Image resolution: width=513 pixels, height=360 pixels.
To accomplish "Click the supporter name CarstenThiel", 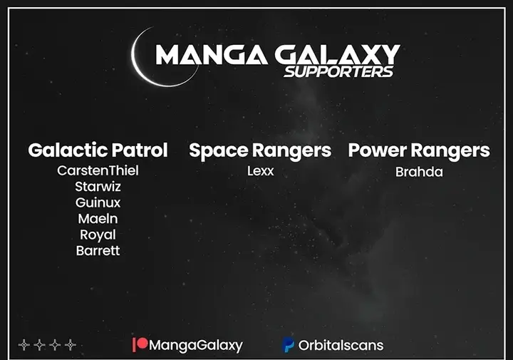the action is [x=98, y=170].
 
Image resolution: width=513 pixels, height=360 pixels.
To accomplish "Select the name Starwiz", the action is [x=98, y=187].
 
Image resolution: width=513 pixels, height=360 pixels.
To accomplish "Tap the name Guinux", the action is [x=98, y=202].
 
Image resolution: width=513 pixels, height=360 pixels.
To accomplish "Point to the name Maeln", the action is [x=98, y=219].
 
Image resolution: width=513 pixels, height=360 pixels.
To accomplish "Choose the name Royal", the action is [x=98, y=235].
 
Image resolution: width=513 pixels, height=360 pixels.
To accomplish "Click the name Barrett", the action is [x=98, y=251].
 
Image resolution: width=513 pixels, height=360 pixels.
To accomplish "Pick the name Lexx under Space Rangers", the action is [x=261, y=171].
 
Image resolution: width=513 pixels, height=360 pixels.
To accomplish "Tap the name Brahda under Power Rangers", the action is [x=419, y=172].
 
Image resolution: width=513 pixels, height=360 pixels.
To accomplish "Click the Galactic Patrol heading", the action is [x=98, y=150].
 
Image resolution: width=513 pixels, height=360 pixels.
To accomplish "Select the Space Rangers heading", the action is [x=260, y=151].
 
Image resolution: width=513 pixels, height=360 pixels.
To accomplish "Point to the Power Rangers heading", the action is [x=419, y=151].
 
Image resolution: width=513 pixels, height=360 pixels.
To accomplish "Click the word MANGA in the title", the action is [x=212, y=54].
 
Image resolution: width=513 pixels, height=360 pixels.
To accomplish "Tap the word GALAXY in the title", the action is [x=337, y=54].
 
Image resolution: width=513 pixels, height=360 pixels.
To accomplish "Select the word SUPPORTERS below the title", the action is [x=338, y=72].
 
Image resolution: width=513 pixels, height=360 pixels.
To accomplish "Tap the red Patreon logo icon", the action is [x=140, y=344].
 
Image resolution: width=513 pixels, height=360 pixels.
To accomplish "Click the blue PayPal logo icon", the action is [x=288, y=345].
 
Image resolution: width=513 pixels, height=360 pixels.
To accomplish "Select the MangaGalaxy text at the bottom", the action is [x=196, y=346].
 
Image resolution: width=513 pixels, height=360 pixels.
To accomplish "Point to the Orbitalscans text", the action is [x=341, y=346].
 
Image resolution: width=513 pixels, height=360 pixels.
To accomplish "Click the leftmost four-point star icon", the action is [x=24, y=345].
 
